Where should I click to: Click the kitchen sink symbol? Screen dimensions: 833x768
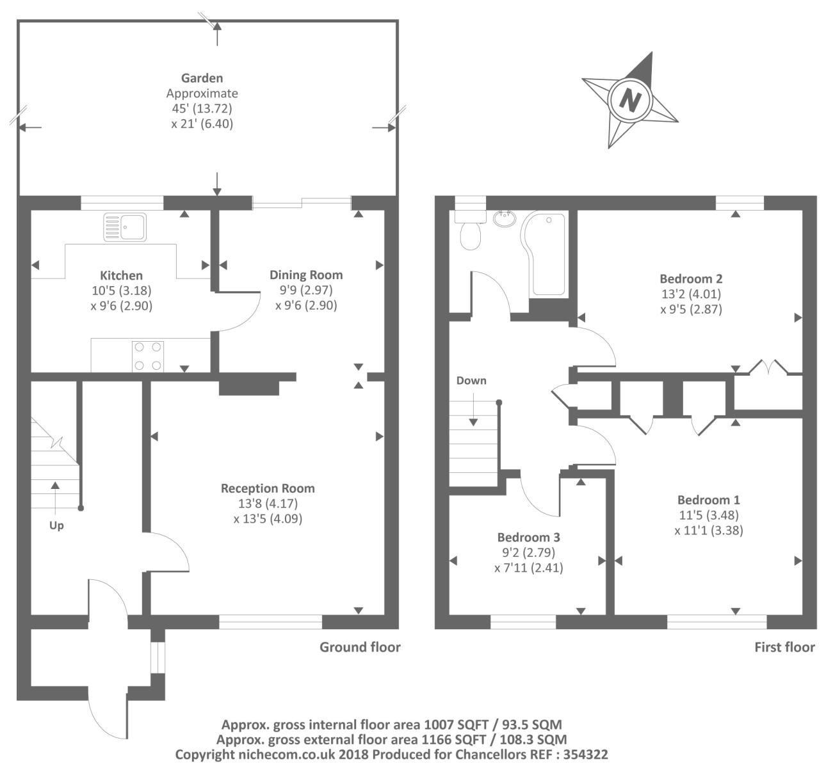click(125, 227)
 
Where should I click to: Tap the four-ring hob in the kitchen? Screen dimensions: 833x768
click(148, 356)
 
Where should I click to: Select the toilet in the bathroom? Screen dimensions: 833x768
click(470, 230)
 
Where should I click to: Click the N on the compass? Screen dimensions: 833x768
click(629, 100)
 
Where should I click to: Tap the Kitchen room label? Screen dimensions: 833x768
click(121, 276)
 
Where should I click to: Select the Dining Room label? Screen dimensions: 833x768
click(306, 275)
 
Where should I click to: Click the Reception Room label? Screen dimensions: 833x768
click(268, 488)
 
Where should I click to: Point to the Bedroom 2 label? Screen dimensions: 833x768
click(691, 278)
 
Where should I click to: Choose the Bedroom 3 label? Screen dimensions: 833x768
click(529, 537)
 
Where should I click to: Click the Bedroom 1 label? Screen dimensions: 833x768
click(709, 500)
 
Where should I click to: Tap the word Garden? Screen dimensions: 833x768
click(202, 78)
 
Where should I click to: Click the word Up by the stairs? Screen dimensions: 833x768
click(56, 525)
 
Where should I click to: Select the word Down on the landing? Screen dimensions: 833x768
click(471, 380)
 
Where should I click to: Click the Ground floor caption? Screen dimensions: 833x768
click(360, 647)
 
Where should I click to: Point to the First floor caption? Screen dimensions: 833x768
click(785, 647)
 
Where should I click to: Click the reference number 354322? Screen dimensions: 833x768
click(585, 755)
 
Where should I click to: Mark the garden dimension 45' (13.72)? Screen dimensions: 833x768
click(202, 109)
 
